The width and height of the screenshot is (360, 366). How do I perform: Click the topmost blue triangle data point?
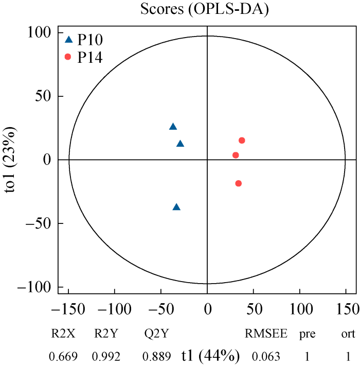pyautogui.click(x=173, y=127)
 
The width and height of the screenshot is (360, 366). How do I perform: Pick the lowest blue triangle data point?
pyautogui.click(x=176, y=207)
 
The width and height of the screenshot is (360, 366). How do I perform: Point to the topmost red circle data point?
pyautogui.click(x=242, y=141)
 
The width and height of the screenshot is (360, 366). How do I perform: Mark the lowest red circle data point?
pyautogui.click(x=238, y=183)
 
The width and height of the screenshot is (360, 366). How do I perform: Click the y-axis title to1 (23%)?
pyautogui.click(x=12, y=160)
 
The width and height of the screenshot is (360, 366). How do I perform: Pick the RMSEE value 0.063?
pyautogui.click(x=266, y=356)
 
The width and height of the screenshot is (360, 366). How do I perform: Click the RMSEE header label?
pyautogui.click(x=266, y=334)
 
